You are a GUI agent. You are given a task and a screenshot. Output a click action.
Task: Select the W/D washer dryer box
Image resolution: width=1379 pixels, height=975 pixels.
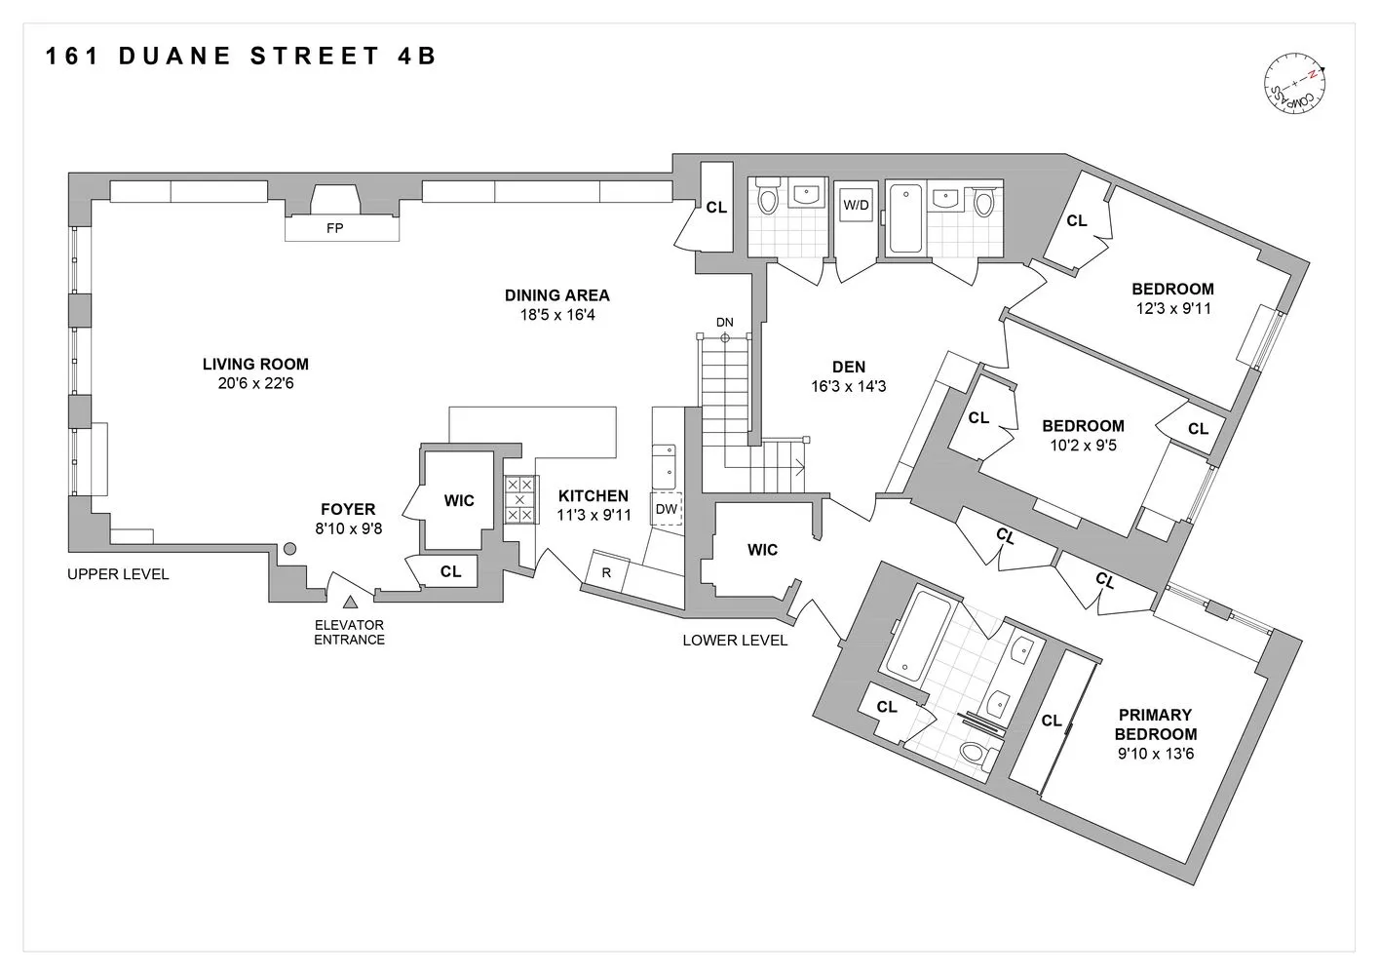[856, 206]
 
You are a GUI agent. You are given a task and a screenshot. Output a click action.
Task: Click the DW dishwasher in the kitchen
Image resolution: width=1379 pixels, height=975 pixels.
[667, 509]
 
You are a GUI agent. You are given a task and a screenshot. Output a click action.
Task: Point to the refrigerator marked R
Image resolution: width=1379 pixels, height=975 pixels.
[606, 573]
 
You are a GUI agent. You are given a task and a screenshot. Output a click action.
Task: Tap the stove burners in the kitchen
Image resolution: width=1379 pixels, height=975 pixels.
[519, 499]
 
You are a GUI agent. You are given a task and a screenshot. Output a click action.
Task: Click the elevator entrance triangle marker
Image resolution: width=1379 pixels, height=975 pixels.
[350, 604]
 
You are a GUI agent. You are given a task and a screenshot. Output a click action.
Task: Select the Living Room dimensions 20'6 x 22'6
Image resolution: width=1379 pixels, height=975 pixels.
[255, 384]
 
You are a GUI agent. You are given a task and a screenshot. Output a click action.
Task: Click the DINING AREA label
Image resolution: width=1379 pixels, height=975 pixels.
[556, 295]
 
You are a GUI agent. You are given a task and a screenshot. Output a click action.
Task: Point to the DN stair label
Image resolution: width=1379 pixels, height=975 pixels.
[724, 322]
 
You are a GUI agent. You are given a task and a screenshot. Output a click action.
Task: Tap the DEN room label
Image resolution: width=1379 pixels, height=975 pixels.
[849, 367]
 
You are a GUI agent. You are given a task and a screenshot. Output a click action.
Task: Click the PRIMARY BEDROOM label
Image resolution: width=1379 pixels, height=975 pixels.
[1155, 724]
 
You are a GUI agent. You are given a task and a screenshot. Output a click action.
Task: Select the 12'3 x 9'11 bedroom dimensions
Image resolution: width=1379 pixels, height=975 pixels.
[1172, 308]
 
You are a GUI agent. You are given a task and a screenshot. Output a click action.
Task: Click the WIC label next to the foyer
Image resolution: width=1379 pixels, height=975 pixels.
[459, 501]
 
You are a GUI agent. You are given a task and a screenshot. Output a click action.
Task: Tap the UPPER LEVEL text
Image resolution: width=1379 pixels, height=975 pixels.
[118, 574]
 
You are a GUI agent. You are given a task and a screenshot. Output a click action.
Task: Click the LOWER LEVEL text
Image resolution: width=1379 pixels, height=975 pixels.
[735, 641]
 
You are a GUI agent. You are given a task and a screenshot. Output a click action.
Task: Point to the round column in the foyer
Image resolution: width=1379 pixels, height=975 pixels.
[289, 550]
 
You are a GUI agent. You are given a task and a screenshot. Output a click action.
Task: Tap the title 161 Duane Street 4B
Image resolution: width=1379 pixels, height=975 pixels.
[242, 56]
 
